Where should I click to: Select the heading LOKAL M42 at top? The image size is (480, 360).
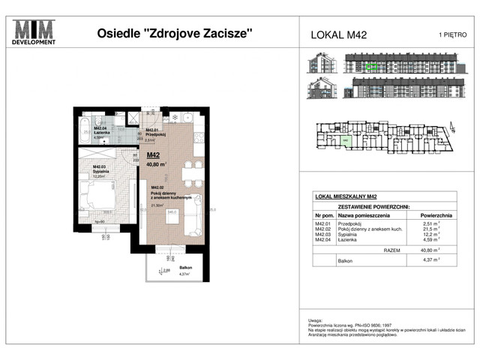[x=338, y=34]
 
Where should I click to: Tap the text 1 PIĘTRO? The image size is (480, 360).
[x=451, y=34]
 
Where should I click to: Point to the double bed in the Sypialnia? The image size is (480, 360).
[x=97, y=198]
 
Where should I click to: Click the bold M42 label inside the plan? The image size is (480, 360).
[x=154, y=156]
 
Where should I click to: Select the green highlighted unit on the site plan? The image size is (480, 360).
[x=345, y=140]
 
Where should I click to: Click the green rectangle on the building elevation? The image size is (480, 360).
[x=373, y=66]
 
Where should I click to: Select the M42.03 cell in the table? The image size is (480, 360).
[x=323, y=234]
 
